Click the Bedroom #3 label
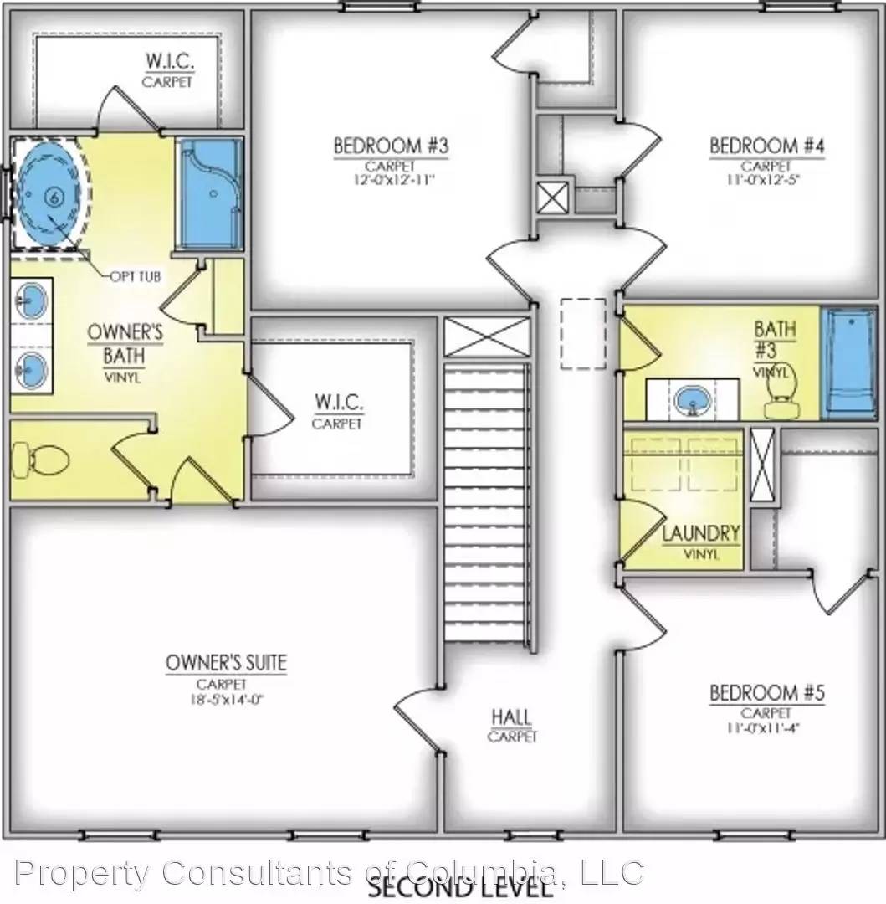click(x=391, y=146)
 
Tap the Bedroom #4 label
click(x=767, y=146)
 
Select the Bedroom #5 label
click(x=767, y=693)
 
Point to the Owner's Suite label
click(x=226, y=664)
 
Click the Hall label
click(x=511, y=717)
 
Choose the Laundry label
click(x=701, y=533)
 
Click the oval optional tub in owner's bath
click(x=49, y=196)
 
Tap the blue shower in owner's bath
click(x=209, y=195)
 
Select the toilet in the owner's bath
click(x=41, y=459)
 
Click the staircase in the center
click(x=487, y=502)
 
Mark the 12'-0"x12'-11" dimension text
click(x=392, y=178)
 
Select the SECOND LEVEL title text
click(x=460, y=886)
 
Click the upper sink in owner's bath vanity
click(x=32, y=297)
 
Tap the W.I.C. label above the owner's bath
click(x=167, y=63)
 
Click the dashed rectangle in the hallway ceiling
click(x=582, y=334)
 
